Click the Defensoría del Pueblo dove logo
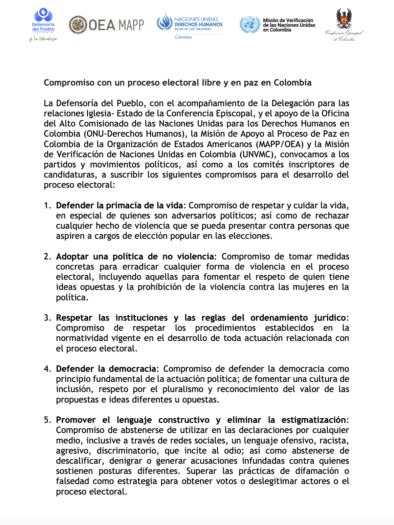tap(43, 16)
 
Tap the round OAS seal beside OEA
tap(78, 25)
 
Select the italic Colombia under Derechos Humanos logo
tap(183, 37)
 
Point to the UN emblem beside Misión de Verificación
tap(249, 25)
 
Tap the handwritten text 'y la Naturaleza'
tap(43, 39)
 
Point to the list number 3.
tap(47, 318)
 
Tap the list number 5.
tap(47, 420)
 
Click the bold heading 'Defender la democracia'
tap(106, 369)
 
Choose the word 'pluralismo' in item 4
tap(183, 389)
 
